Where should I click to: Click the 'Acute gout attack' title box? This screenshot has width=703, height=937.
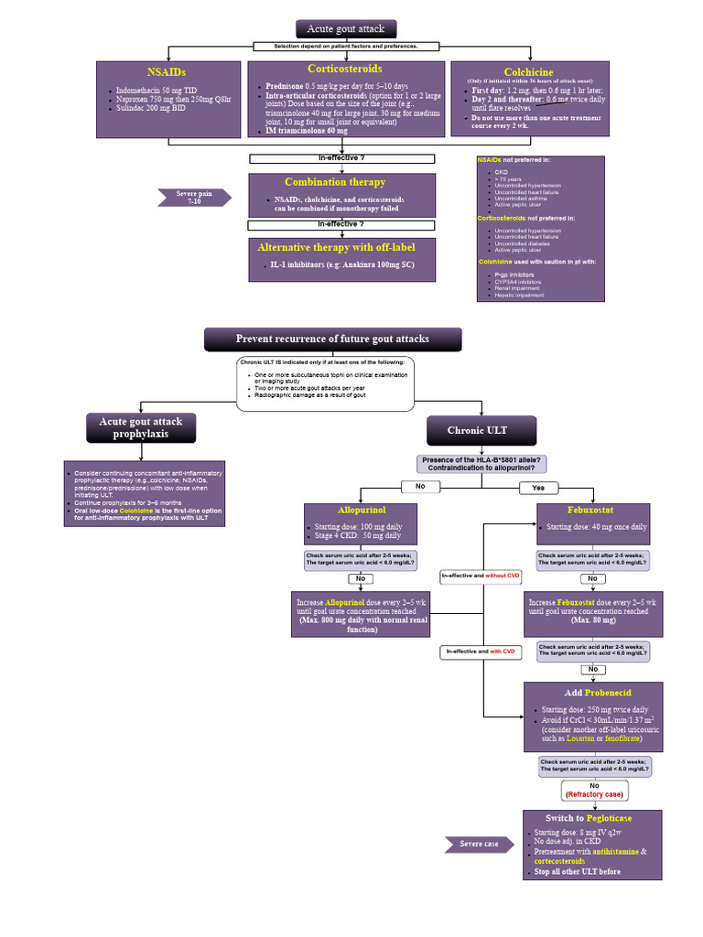tap(346, 29)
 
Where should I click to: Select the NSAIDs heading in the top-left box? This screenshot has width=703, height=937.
tap(167, 71)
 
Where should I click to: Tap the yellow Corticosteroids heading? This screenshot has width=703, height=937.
tap(344, 69)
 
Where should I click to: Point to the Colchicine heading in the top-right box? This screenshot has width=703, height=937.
tap(528, 72)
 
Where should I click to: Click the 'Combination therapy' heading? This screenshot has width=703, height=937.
tap(335, 182)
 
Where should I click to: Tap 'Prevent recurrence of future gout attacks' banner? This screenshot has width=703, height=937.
tap(332, 339)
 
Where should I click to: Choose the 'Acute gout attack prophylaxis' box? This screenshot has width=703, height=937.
tap(141, 427)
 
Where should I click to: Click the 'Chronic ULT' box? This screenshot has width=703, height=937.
tap(481, 431)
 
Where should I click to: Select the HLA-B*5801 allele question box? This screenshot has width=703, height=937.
tap(481, 464)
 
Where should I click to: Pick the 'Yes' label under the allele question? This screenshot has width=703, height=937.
tap(538, 487)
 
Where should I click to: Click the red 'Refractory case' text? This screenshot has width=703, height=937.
tap(594, 795)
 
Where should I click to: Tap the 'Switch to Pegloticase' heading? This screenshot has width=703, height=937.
tap(589, 818)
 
